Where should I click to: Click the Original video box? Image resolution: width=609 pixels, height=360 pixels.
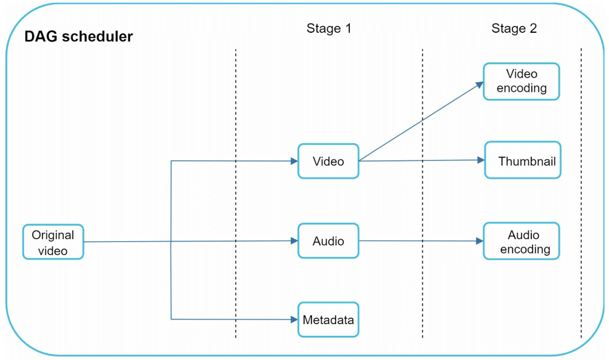point(53,242)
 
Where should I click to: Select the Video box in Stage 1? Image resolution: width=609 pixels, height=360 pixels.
point(328,161)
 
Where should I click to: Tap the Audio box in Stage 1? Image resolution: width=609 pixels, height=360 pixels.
point(328,241)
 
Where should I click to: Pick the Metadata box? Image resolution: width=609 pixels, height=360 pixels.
point(328,320)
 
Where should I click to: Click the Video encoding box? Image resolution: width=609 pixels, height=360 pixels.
point(521,81)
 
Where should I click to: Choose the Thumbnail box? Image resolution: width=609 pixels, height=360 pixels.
point(523,160)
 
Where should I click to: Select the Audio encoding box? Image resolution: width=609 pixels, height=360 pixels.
point(521,241)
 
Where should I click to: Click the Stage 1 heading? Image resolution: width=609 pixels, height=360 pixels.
point(329,29)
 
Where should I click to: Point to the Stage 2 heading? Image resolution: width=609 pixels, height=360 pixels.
point(514,29)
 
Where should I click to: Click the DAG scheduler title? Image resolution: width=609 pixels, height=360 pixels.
point(79,36)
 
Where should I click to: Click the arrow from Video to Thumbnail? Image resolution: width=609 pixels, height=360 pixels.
point(420,160)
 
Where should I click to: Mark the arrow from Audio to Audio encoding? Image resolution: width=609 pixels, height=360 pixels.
point(420,241)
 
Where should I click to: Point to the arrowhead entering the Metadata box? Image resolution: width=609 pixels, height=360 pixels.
point(295,320)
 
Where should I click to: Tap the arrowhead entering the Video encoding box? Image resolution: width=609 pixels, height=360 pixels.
point(480,84)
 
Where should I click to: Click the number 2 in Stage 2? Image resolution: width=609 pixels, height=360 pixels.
point(533,29)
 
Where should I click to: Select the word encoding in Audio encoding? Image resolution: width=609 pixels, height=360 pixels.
point(525,249)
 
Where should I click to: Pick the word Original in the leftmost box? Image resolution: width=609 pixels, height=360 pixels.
point(53,235)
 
